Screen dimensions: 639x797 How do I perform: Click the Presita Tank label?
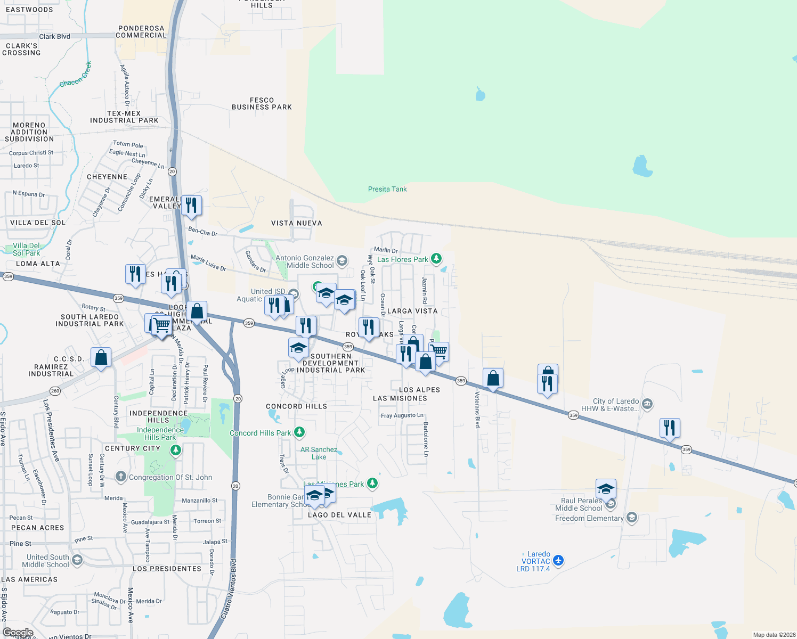coord(387,189)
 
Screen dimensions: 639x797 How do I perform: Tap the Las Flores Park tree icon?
coord(436,259)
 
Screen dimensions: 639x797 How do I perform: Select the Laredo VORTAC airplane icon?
coord(558,560)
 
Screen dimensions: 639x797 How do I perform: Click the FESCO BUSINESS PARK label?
coord(262,103)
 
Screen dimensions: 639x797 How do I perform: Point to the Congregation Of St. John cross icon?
coord(121,477)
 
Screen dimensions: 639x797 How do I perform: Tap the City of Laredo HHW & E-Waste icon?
coord(647,404)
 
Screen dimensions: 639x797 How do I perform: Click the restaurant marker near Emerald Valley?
coord(191,206)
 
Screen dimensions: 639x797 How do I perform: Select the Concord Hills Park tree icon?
coord(299,432)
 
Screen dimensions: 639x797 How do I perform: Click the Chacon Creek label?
coord(75,75)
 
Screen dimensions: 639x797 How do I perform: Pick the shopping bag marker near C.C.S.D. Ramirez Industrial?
coord(101,358)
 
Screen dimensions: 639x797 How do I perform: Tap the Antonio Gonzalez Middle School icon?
coord(342,260)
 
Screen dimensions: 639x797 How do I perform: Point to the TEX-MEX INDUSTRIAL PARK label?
coord(124,117)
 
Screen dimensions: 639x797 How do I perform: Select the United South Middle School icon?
coord(77,560)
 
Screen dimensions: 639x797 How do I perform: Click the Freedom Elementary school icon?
coord(632,517)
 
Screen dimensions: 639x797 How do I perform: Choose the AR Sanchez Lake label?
coord(319,453)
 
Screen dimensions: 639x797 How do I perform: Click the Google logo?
coord(18,633)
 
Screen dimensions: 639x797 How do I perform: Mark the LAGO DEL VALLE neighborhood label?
coord(339,515)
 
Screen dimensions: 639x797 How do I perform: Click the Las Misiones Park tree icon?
coord(372,483)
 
